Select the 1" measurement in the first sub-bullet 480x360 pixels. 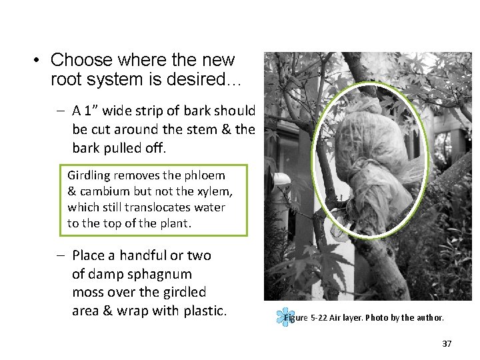click(93, 111)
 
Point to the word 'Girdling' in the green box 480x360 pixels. click(89, 176)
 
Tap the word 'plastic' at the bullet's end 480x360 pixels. click(204, 311)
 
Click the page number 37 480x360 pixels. click(447, 344)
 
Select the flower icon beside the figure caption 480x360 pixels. click(285, 316)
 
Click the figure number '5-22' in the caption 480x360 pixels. click(317, 318)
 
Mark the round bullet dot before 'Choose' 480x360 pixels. click(39, 61)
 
